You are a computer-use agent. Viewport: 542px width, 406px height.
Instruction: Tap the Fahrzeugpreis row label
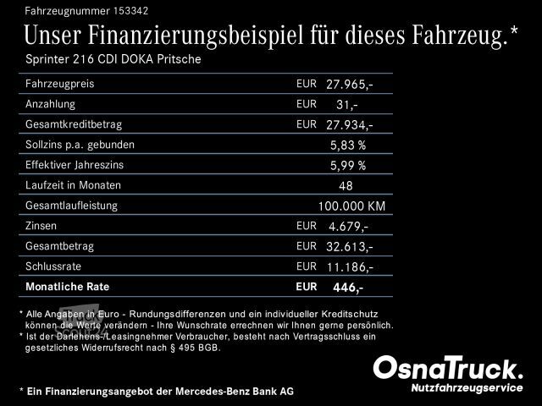(60, 85)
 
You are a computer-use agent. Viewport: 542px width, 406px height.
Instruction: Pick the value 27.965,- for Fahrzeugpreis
(349, 85)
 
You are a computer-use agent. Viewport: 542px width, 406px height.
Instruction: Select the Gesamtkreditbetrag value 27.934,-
(349, 125)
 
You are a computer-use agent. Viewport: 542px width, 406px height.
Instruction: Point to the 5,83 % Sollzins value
(347, 145)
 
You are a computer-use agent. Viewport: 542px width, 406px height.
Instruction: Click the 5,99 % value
(347, 165)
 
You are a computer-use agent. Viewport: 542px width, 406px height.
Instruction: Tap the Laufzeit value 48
(345, 185)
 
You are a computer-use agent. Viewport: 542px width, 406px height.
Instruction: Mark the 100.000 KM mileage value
(351, 206)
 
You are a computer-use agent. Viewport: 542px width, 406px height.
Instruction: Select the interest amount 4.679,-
(347, 226)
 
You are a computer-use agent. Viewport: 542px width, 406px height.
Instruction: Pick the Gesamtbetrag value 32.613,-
(349, 246)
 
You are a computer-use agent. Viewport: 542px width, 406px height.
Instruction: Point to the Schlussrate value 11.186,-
(349, 266)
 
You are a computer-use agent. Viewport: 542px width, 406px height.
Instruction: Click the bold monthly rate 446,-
(347, 288)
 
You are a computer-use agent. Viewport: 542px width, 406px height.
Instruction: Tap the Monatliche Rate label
(68, 287)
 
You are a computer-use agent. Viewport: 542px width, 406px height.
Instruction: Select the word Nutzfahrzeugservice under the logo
(467, 387)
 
